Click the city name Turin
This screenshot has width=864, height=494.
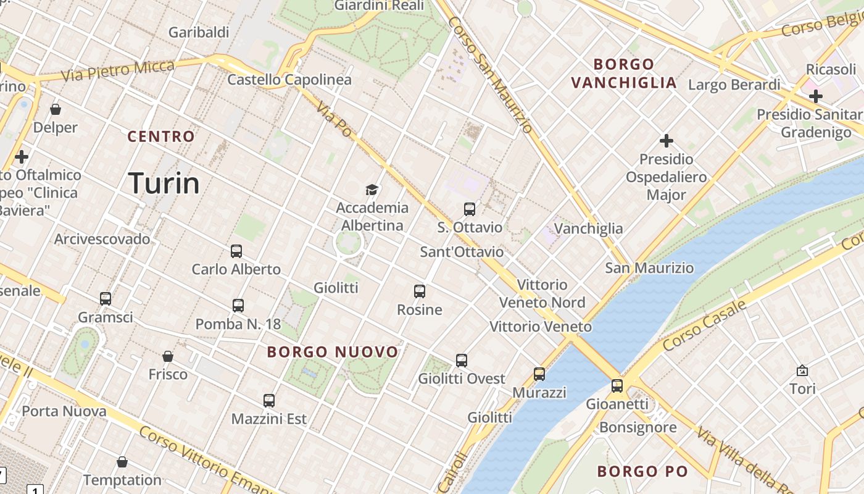pyautogui.click(x=164, y=183)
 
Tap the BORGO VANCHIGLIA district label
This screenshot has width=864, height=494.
pyautogui.click(x=623, y=73)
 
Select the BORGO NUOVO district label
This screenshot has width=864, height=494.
pyautogui.click(x=333, y=352)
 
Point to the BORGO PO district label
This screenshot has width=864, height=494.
pyautogui.click(x=642, y=472)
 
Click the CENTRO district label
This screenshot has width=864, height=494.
pyautogui.click(x=161, y=136)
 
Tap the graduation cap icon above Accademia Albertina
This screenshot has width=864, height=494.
pyautogui.click(x=372, y=190)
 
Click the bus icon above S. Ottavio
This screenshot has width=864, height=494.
pyautogui.click(x=470, y=209)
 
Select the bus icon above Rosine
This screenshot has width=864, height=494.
pyautogui.click(x=420, y=291)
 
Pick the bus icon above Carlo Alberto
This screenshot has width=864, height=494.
pyautogui.click(x=236, y=251)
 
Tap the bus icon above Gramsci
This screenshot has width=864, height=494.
pyautogui.click(x=106, y=299)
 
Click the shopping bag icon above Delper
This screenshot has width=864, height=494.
pyautogui.click(x=56, y=109)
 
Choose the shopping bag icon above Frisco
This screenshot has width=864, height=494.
pyautogui.click(x=168, y=356)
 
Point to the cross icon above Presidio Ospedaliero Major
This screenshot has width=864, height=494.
pyautogui.click(x=667, y=141)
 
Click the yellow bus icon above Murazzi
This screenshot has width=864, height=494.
pyautogui.click(x=539, y=374)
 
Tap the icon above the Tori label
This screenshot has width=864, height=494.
pyautogui.click(x=802, y=371)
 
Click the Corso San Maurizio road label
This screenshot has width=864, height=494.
pyautogui.click(x=490, y=74)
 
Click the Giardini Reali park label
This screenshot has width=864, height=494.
pyautogui.click(x=379, y=6)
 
